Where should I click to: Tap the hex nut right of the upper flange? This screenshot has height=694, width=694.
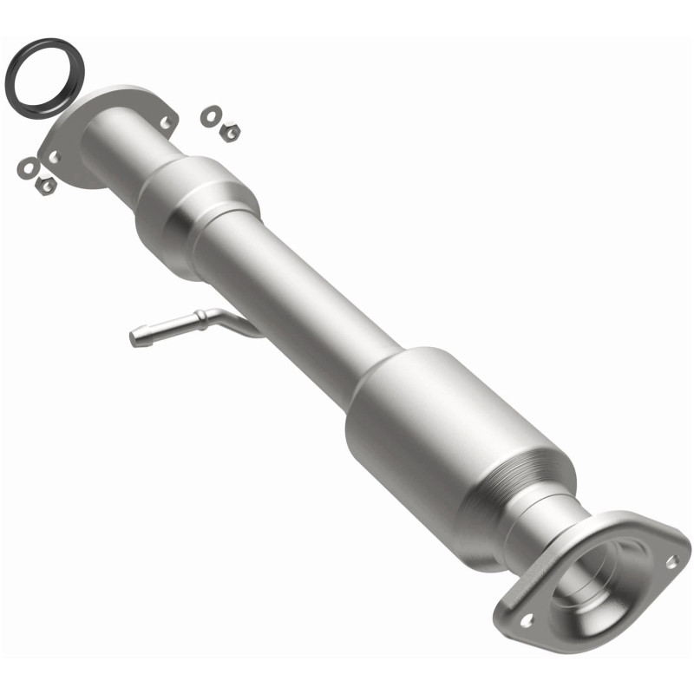[230, 131]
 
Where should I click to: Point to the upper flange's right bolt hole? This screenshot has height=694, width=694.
[165, 123]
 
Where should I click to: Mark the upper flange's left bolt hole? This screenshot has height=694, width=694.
[54, 157]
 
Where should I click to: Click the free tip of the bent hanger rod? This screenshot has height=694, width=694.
[136, 337]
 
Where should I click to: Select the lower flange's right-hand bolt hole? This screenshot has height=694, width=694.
[671, 562]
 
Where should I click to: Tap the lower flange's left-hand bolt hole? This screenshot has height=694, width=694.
[526, 621]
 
